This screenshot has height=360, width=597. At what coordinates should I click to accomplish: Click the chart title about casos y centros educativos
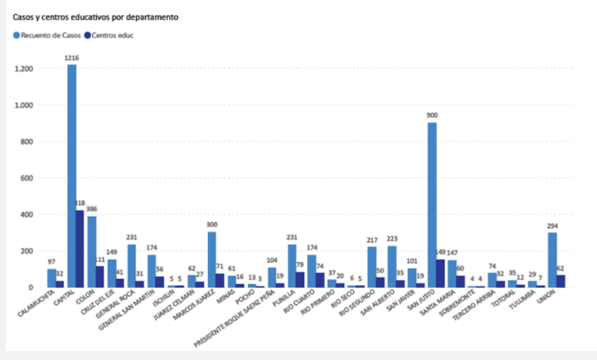95,17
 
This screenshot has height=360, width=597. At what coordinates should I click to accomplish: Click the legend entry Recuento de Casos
51,35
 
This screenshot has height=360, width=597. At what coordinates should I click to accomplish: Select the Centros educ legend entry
112,35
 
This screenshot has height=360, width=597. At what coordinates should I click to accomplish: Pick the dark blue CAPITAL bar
80,248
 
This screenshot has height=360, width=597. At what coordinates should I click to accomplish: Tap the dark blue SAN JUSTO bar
440,273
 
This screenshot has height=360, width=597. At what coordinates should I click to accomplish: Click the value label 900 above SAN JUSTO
432,115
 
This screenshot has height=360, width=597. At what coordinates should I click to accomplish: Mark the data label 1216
72,58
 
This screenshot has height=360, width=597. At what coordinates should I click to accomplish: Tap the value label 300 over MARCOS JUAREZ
212,225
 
